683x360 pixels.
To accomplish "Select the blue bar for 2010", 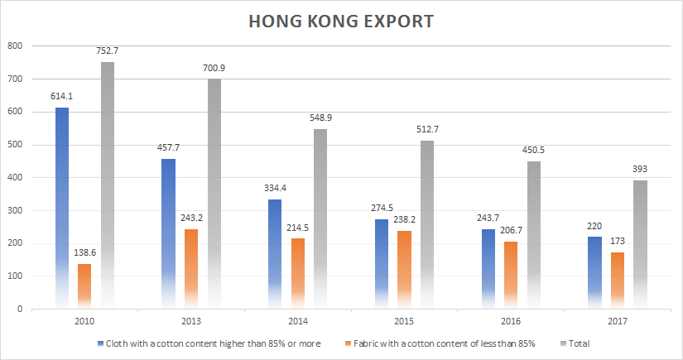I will pyautogui.click(x=62, y=207).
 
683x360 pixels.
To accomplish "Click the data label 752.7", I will pyautogui.click(x=108, y=50).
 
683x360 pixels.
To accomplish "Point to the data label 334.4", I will pyautogui.click(x=276, y=187).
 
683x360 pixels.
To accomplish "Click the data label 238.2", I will pyautogui.click(x=404, y=218).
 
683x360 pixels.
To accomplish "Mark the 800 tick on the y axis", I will pyautogui.click(x=15, y=46).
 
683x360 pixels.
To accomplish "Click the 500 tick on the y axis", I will pyautogui.click(x=15, y=145).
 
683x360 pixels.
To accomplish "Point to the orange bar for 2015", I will pyautogui.click(x=404, y=270).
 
